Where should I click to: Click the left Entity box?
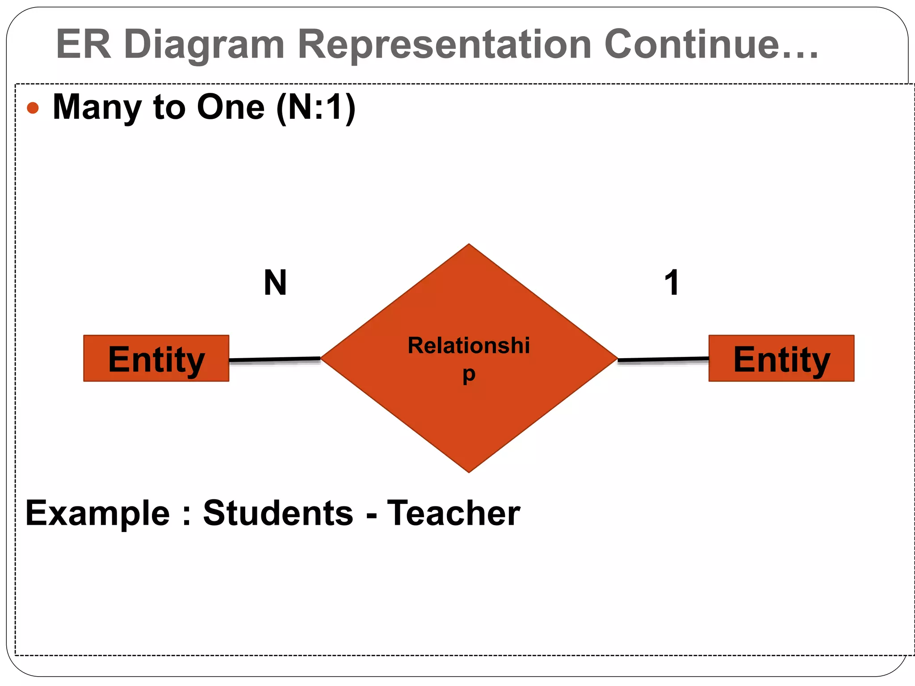pos(156,358)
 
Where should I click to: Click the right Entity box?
pos(781,358)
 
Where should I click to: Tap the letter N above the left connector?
pos(275,283)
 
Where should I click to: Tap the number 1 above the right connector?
pos(672,283)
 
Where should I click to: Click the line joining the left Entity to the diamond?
pos(274,359)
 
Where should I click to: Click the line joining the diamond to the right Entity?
pos(663,359)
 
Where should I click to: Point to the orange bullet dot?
pos(33,108)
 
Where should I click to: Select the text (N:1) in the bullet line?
pos(316,108)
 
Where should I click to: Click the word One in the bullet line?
pos(231,107)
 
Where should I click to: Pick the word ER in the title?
pos(84,44)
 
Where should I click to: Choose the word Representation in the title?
pos(445,44)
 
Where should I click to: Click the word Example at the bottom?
pos(97,514)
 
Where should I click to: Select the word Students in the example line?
pos(278,513)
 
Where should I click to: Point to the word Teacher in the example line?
pos(453,513)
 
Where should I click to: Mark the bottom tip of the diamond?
pos(469,470)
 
